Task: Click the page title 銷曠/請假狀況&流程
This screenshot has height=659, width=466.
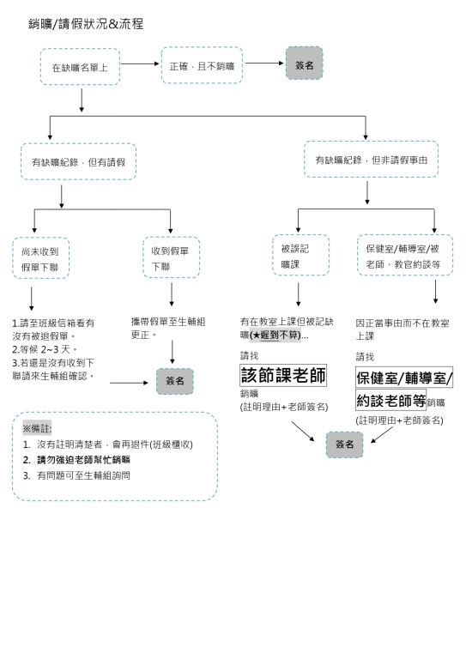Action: coord(86,24)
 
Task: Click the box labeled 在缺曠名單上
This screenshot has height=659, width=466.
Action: coord(81,67)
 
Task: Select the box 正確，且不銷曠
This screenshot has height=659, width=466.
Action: coord(202,65)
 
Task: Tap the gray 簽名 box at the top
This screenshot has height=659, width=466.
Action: coord(304,63)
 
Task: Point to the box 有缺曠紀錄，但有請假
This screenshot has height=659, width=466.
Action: coord(79,162)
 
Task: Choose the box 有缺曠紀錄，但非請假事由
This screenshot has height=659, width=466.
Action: coord(371,160)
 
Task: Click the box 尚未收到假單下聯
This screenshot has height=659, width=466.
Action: coord(40,258)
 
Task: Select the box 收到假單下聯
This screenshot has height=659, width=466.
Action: coord(171,257)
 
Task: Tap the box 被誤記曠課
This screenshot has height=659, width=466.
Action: coord(301,255)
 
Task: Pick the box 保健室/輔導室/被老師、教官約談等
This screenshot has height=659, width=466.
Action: coord(405,255)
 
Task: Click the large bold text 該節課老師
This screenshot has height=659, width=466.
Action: coord(283,375)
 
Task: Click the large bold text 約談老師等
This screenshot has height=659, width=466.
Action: coord(391,400)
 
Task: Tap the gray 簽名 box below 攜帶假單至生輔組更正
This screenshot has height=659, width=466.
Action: coord(175,381)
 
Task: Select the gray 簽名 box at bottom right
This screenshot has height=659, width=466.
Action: coord(344,444)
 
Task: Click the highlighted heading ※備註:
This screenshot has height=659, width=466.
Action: coord(37,428)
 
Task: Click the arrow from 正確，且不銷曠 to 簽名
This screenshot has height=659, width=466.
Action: coord(264,63)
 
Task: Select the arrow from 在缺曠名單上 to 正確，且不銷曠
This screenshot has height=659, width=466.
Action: coord(140,63)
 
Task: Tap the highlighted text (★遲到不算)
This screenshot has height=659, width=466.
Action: coord(275,336)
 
